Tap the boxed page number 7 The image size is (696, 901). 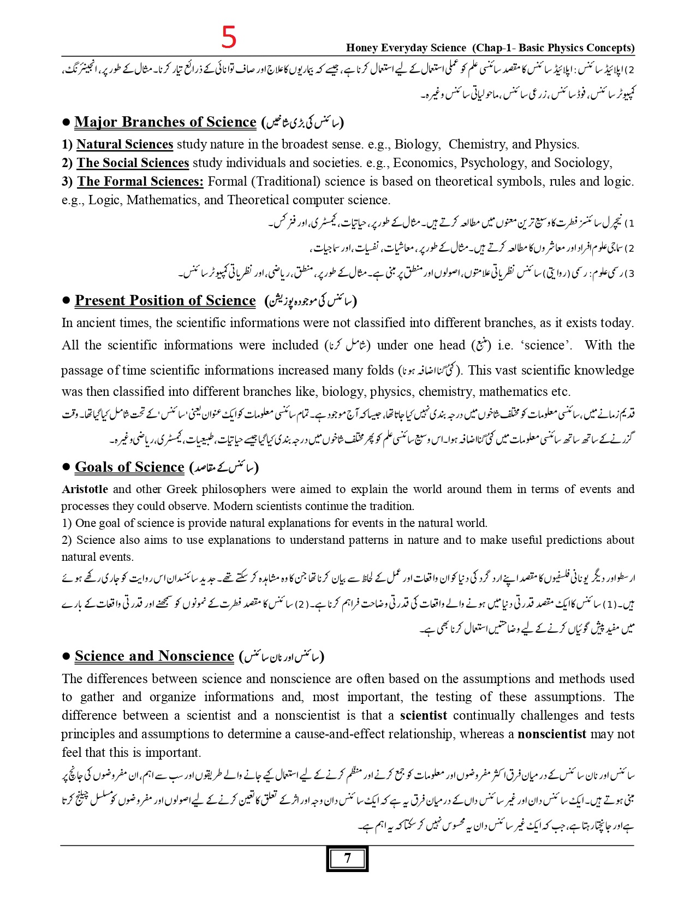tap(347, 858)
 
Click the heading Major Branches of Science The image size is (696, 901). tap(165, 122)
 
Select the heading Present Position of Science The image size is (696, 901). tap(165, 300)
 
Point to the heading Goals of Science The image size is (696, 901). tap(129, 467)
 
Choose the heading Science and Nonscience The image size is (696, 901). tap(154, 656)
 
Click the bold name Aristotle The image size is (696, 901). tap(85, 489)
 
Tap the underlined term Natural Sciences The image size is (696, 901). tap(124, 144)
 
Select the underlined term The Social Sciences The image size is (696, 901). tap(133, 163)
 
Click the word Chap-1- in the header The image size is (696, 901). tap(493, 48)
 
